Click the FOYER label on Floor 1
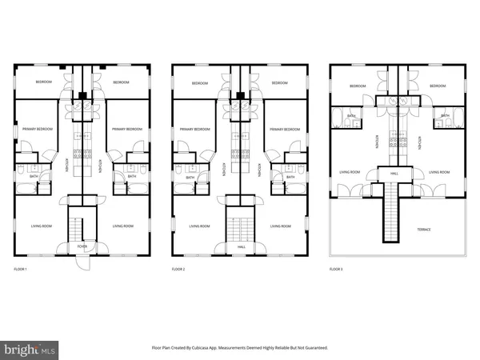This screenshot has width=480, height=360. [x=82, y=247]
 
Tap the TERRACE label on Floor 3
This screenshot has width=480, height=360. [x=423, y=230]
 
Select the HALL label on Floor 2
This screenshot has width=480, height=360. [x=241, y=247]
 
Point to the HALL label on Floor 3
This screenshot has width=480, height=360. [x=394, y=172]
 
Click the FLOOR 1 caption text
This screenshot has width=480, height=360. [x=21, y=269]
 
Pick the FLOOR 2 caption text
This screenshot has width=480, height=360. [x=180, y=269]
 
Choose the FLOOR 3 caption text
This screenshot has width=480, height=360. [x=338, y=269]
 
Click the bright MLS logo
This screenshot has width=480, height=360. [x=30, y=350]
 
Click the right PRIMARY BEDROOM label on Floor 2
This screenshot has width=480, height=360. [x=285, y=129]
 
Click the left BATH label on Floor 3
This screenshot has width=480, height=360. [x=351, y=116]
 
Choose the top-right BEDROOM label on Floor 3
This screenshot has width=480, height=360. [x=437, y=86]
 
